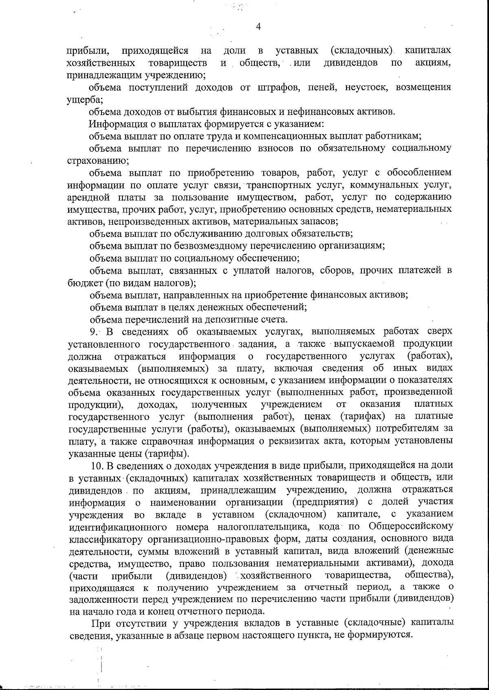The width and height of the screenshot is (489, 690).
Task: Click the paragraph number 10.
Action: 97,465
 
